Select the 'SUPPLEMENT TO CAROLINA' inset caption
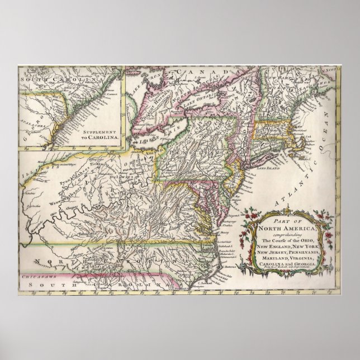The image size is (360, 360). (x=97, y=132)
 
